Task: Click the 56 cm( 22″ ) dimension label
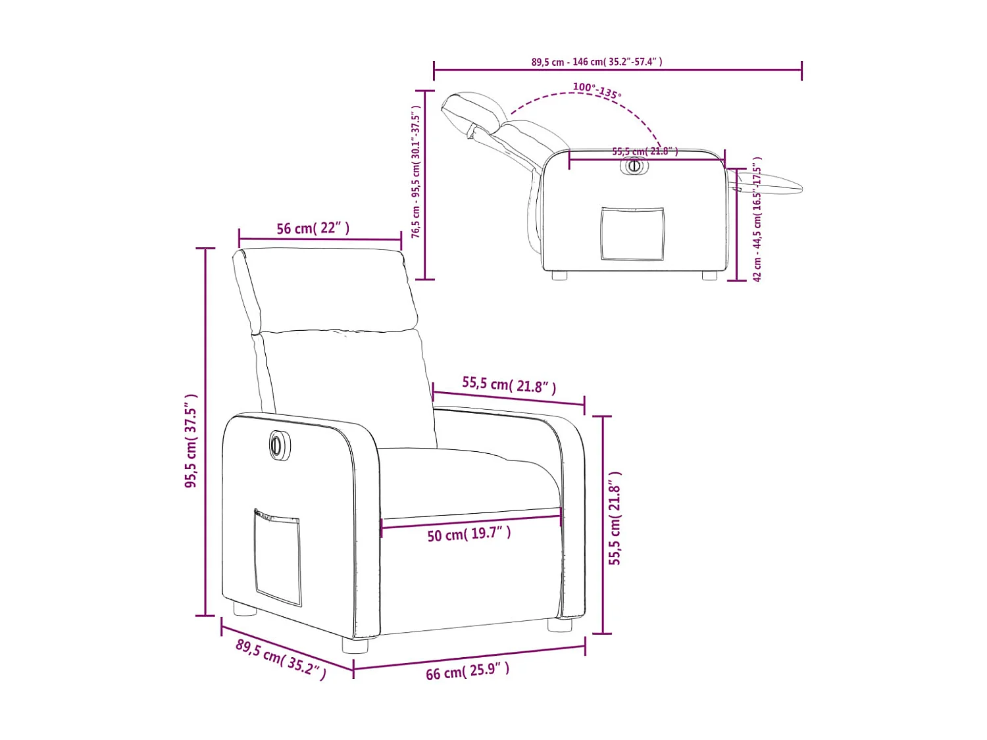(313, 228)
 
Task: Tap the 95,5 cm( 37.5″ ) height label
(191, 441)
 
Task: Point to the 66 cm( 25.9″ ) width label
(467, 671)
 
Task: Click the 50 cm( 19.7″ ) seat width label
(468, 534)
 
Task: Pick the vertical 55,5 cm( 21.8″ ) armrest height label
(615, 518)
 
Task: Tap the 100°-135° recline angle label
(596, 90)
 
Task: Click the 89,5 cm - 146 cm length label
(597, 62)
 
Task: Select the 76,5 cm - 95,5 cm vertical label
(416, 171)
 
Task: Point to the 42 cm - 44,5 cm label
(757, 219)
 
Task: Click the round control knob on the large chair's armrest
(277, 445)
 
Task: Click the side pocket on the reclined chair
(632, 234)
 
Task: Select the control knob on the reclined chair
(634, 166)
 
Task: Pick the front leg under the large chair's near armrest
(355, 645)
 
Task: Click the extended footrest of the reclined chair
(776, 184)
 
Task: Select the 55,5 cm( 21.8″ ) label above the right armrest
(509, 384)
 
